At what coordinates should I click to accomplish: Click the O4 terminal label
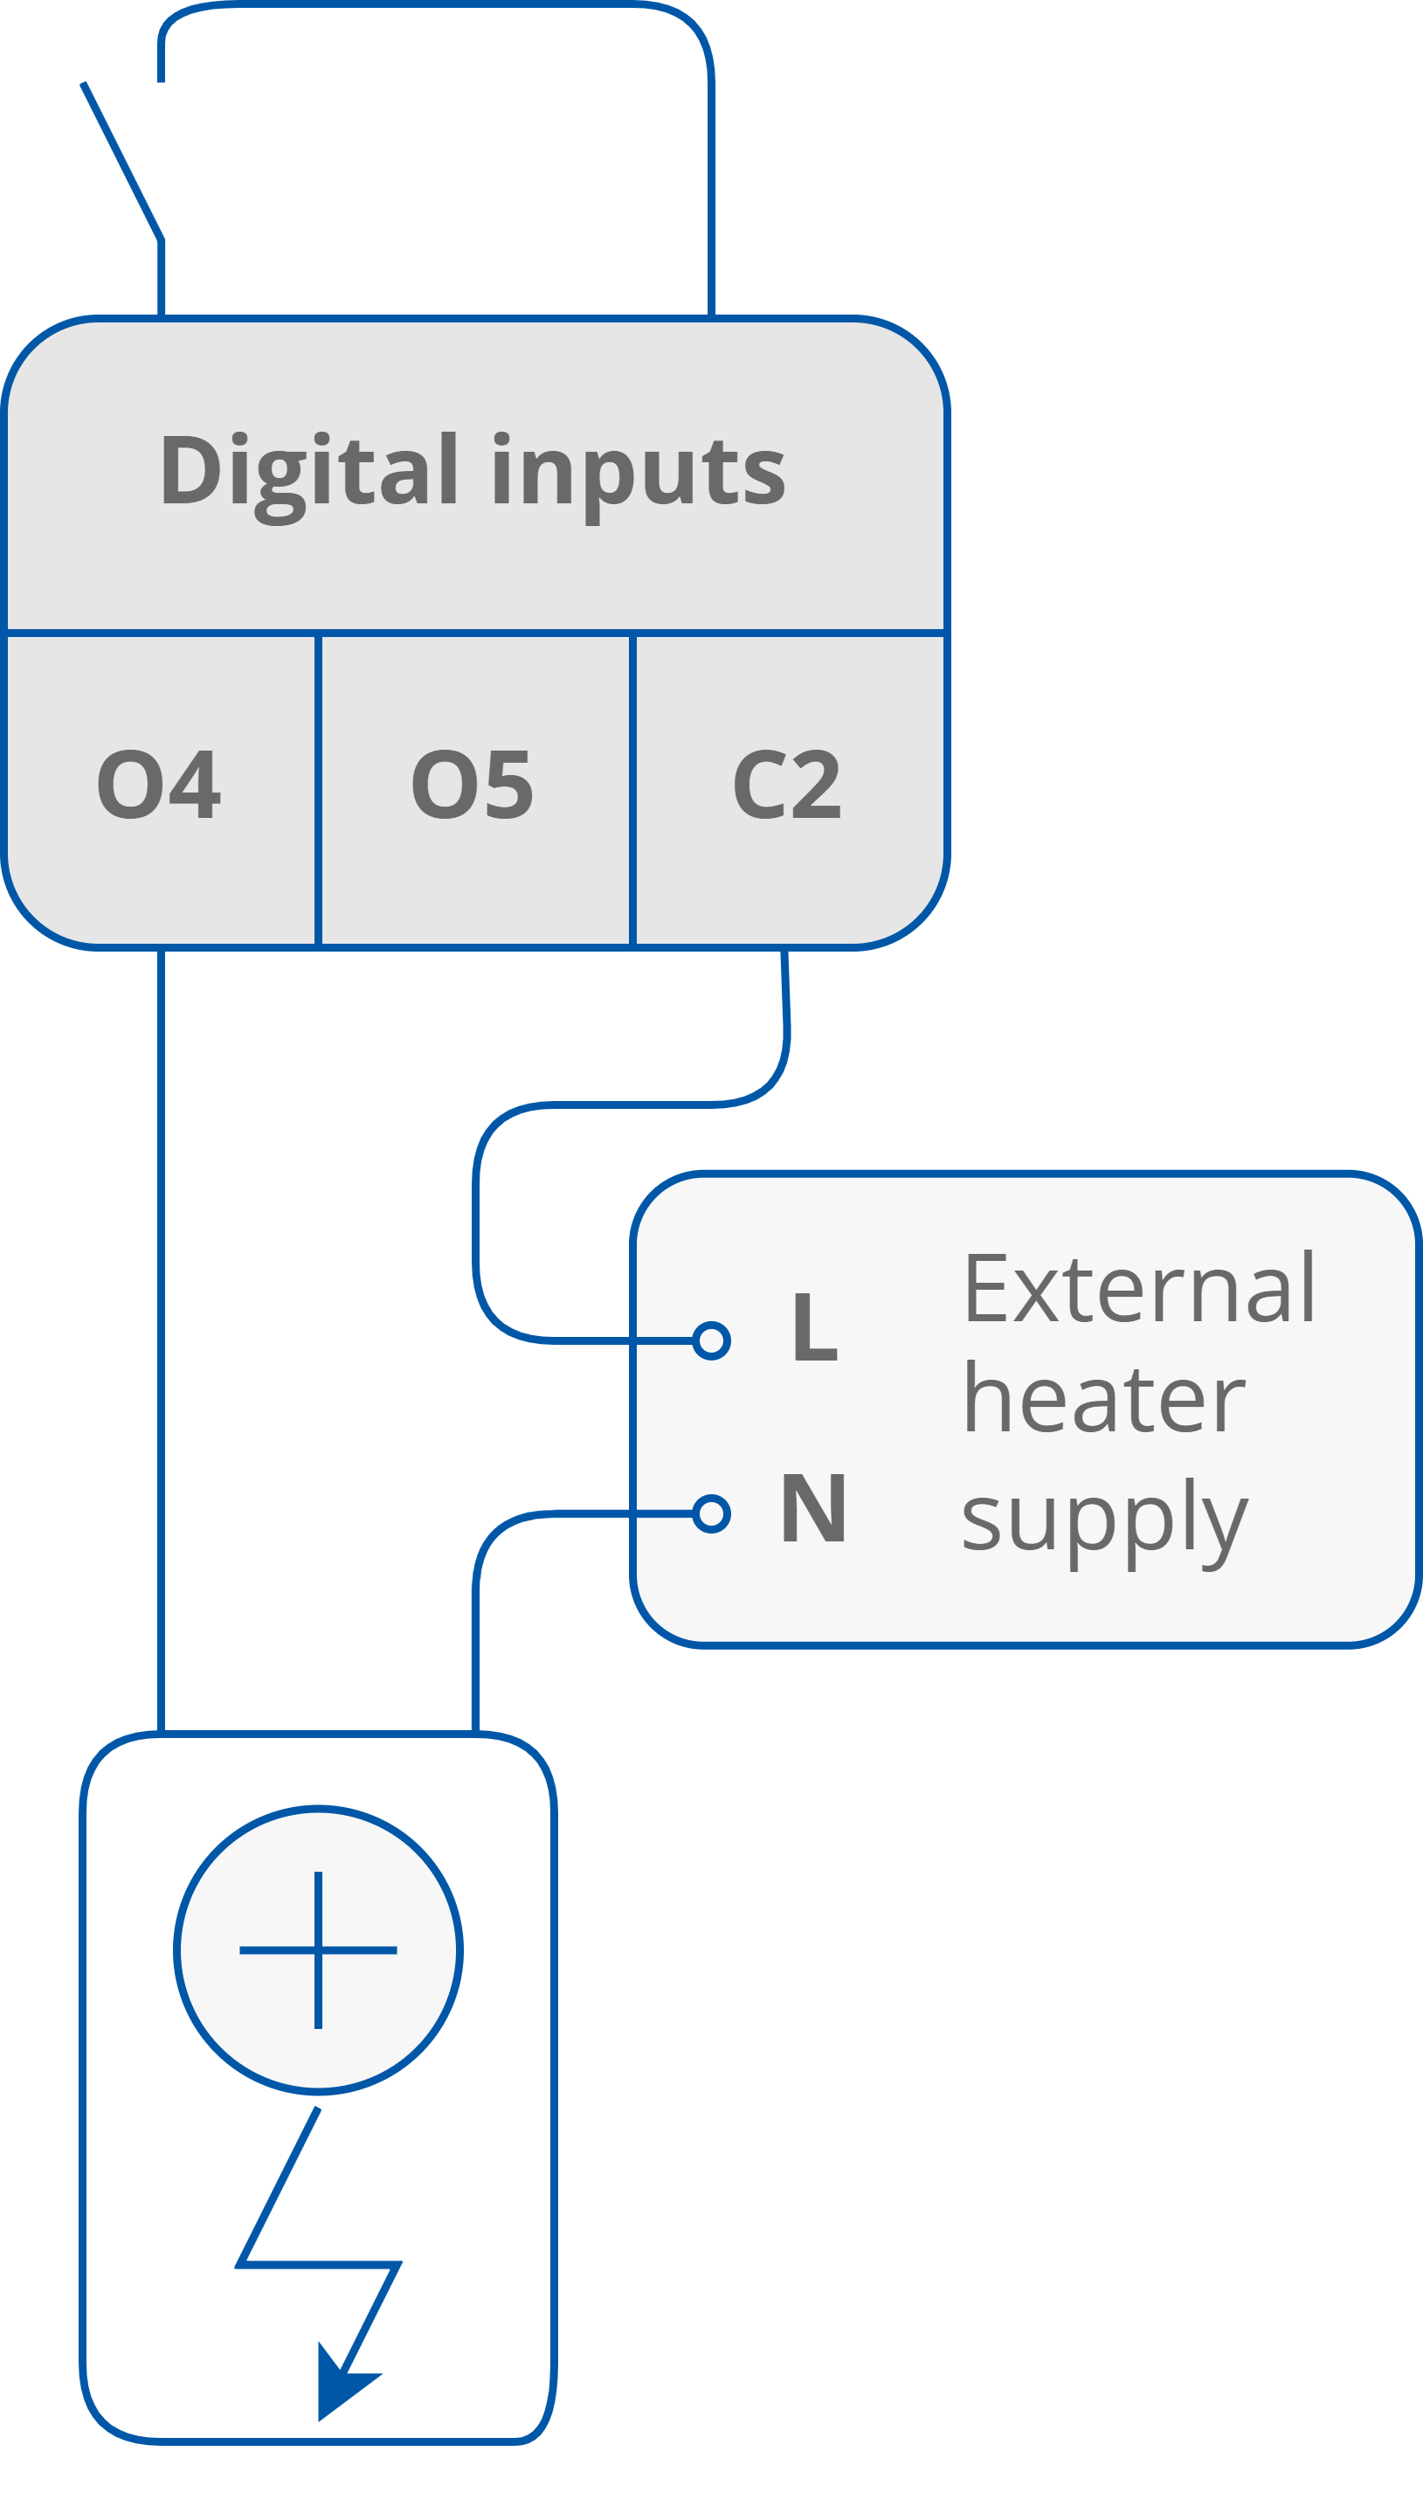point(159,784)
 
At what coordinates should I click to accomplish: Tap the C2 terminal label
point(787,784)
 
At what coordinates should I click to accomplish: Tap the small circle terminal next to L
point(711,1340)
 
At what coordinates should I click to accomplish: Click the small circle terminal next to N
point(711,1513)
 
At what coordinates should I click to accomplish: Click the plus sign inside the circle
point(319,1950)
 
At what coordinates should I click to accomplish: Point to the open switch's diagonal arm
point(122,162)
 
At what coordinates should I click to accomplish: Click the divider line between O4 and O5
point(319,790)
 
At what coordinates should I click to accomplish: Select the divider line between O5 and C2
point(633,790)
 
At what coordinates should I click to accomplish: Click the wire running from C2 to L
point(476,1222)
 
